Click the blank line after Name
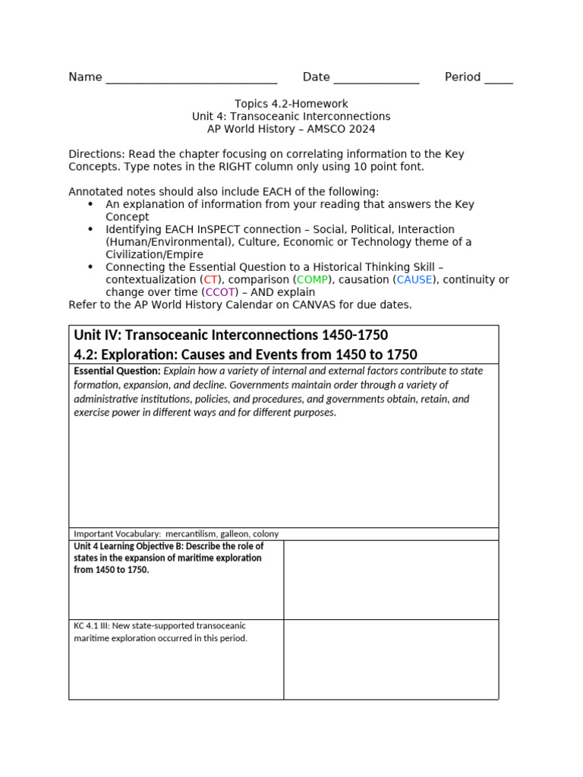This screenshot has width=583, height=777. click(191, 79)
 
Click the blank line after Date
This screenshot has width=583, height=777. click(376, 79)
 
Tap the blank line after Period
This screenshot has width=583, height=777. click(498, 79)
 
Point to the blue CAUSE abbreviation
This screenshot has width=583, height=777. click(414, 279)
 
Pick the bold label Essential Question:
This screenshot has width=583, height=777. click(117, 371)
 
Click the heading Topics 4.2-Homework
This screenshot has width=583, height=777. click(291, 104)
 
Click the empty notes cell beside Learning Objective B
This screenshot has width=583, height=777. click(391, 580)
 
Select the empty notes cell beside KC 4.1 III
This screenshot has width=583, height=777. click(391, 659)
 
